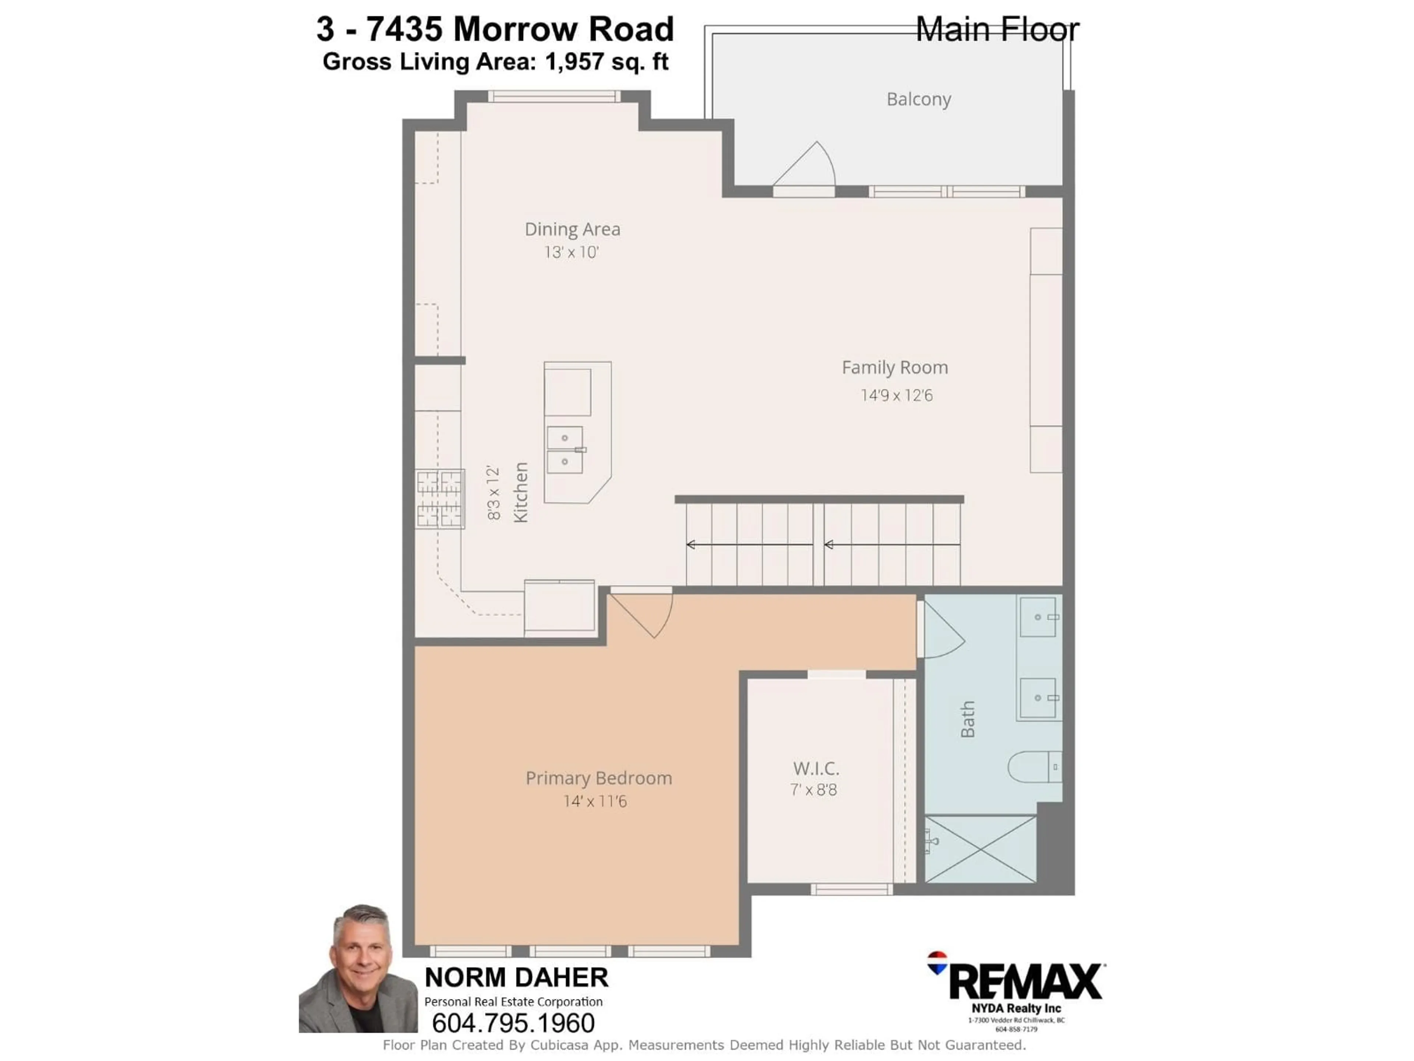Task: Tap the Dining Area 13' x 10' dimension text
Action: point(571,253)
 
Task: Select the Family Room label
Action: point(894,368)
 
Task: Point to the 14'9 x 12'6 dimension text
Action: point(896,395)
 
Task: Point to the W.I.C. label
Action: point(816,768)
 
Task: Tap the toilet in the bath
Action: point(1034,767)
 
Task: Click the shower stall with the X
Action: point(980,849)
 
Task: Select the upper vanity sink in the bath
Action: point(1038,617)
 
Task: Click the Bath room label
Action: point(968,719)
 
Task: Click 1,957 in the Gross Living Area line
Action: point(573,62)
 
